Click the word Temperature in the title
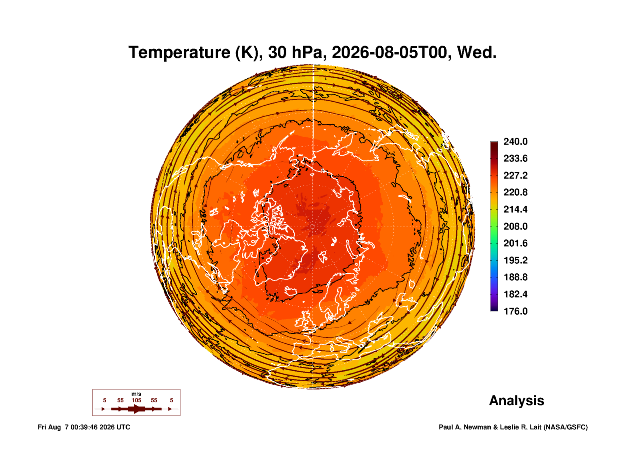coord(179,53)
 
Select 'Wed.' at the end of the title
coord(477,52)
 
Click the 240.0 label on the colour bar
coord(516,142)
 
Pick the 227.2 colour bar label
coord(516,175)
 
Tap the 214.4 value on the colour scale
coord(516,209)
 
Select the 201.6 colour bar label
coord(516,243)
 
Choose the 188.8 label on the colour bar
coord(516,277)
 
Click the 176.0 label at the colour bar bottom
coord(516,311)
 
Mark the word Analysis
coord(517,401)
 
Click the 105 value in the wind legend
coord(136,400)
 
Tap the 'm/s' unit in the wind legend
coord(136,394)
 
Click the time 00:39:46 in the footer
coord(84,427)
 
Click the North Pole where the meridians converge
coord(312,226)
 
